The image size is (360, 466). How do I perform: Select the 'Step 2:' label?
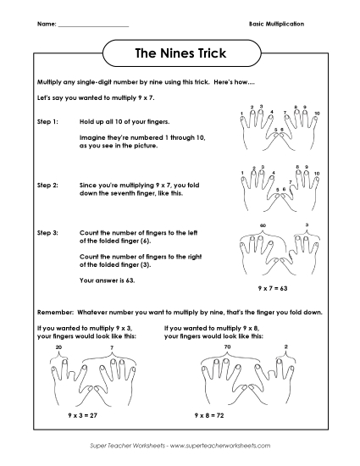pos(48,183)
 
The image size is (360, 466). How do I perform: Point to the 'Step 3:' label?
pos(48,231)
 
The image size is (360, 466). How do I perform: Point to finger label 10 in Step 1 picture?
pos(317,113)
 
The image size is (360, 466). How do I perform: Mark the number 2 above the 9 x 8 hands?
pos(285,347)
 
